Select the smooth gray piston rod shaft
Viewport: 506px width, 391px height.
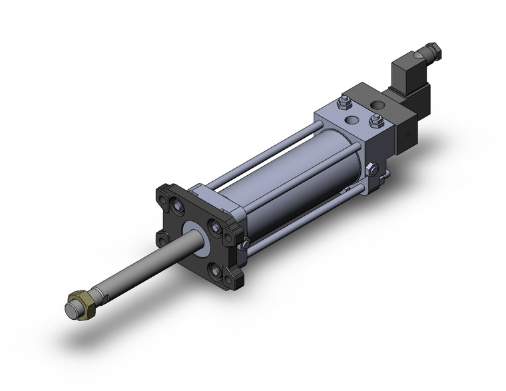click(x=146, y=266)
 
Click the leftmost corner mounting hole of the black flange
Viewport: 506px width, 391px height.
click(x=162, y=238)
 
